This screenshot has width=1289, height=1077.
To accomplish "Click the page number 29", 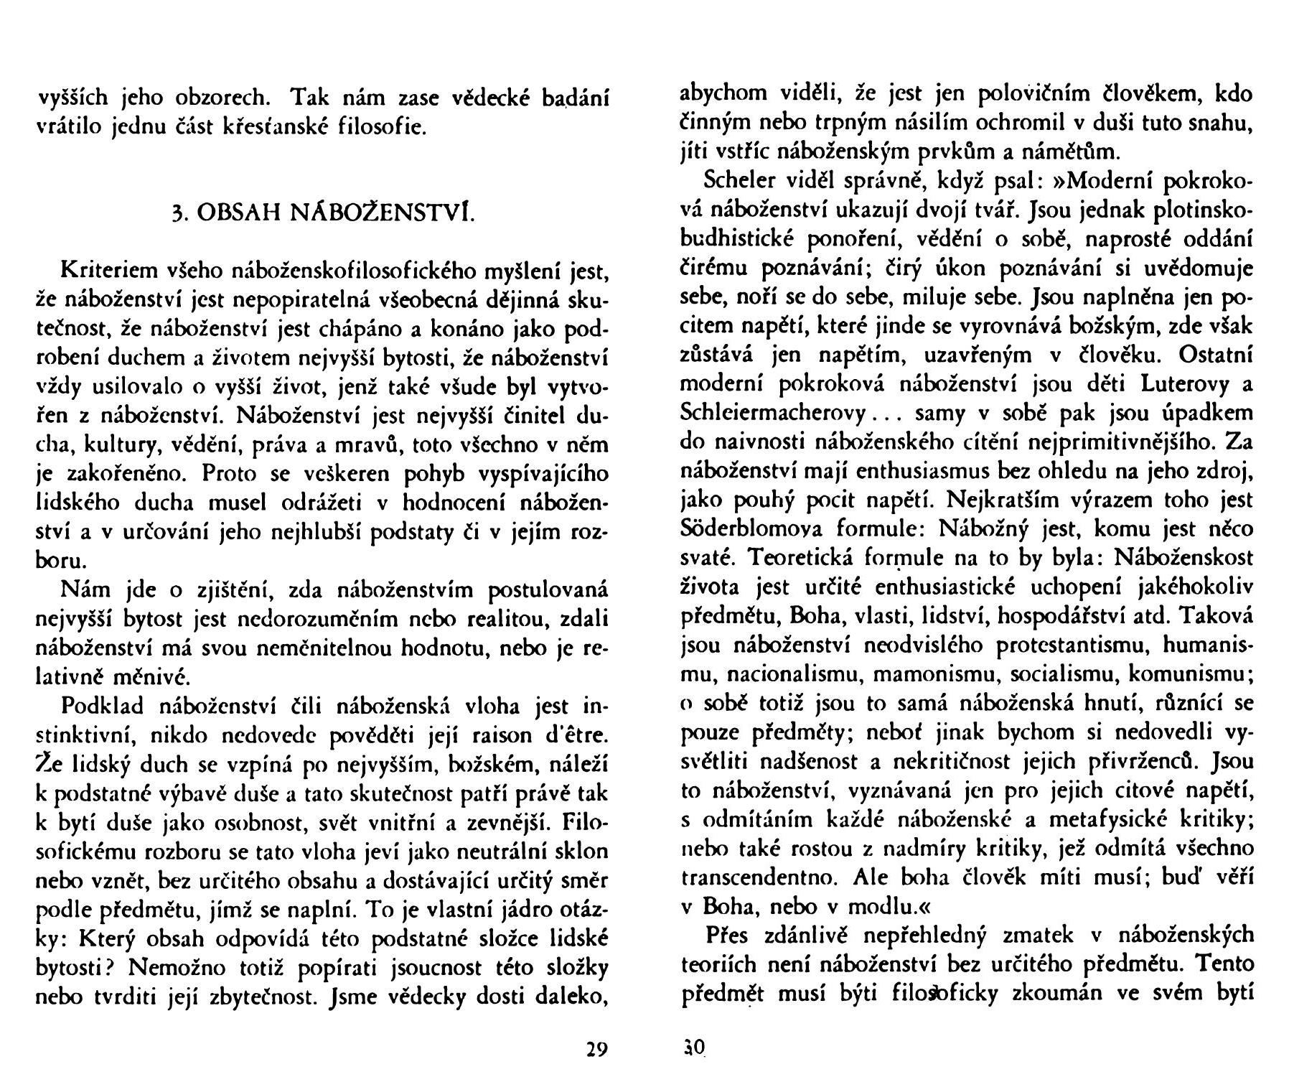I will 596,1050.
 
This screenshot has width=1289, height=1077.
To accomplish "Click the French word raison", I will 501,735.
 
